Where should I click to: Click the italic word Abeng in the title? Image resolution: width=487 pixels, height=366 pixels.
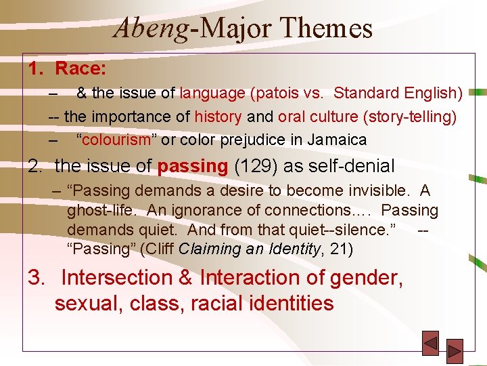pyautogui.click(x=145, y=28)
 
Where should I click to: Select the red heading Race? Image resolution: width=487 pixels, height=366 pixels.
pyautogui.click(x=80, y=68)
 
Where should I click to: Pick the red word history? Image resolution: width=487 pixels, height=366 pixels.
pyautogui.click(x=218, y=117)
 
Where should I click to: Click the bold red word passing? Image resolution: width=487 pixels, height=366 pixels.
pyautogui.click(x=193, y=165)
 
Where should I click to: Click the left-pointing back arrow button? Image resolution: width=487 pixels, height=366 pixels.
pyautogui.click(x=430, y=343)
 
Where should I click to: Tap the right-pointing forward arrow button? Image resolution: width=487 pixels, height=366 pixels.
pyautogui.click(x=455, y=350)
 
